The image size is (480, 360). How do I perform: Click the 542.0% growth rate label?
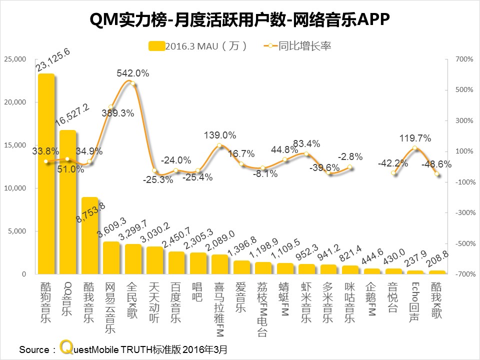(132, 73)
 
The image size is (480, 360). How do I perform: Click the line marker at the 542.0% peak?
(132, 83)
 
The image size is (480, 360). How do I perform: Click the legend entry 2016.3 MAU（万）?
(198, 46)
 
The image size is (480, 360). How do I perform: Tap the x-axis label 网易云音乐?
(110, 307)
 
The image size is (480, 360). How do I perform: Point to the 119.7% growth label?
(414, 138)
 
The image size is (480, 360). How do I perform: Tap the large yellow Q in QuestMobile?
(64, 347)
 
